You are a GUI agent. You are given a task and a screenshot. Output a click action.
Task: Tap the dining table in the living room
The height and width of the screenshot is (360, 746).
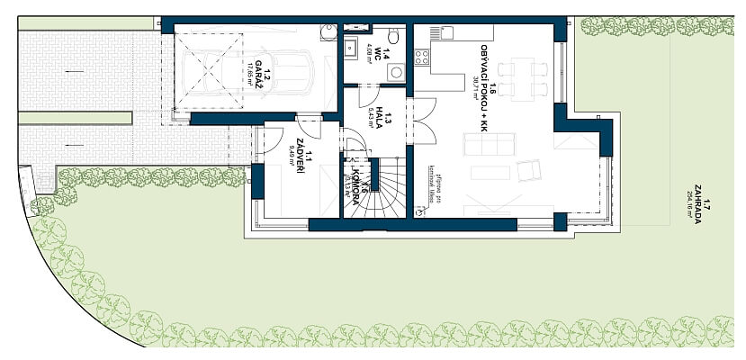pos(522,77)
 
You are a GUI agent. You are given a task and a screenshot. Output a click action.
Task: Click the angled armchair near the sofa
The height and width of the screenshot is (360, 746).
pos(528,167)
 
